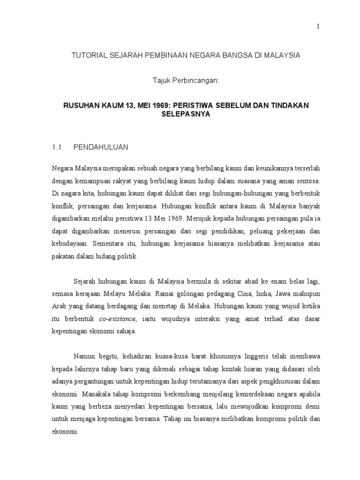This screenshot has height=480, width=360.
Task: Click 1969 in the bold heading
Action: coord(158,105)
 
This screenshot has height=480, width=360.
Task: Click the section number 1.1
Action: coord(57,147)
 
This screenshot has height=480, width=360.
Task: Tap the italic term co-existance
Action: coord(117,319)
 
